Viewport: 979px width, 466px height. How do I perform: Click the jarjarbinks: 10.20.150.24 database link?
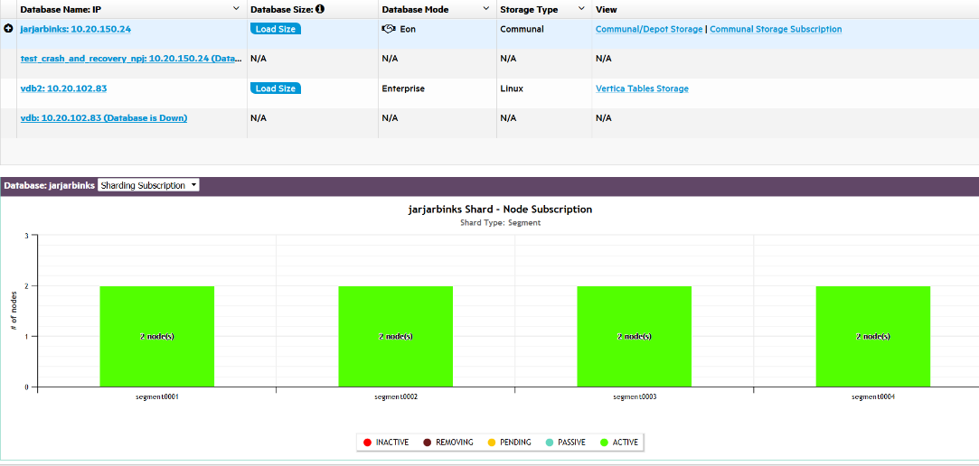[76, 29]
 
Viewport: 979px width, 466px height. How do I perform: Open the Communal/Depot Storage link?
[648, 29]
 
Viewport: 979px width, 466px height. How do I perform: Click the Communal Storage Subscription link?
[775, 29]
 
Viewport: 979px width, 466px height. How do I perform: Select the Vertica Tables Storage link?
[642, 89]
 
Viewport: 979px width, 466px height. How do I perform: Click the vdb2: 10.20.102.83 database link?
[64, 89]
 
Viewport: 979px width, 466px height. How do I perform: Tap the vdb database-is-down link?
[104, 118]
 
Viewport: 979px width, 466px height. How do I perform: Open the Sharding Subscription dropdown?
[148, 185]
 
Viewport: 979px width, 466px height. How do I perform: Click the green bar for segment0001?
[157, 336]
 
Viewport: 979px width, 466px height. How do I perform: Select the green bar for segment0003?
[635, 336]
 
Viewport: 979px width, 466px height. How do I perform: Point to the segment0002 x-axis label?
[396, 397]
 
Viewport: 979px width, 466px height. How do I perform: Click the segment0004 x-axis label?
[873, 397]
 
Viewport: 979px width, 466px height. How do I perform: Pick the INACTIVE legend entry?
[386, 443]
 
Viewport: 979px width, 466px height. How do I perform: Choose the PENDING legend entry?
[509, 443]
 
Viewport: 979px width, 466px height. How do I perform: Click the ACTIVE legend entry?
[618, 443]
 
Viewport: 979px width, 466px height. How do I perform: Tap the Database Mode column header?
[415, 9]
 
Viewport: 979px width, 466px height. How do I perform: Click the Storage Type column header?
[529, 9]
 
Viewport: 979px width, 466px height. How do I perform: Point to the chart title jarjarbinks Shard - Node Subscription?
[501, 210]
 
